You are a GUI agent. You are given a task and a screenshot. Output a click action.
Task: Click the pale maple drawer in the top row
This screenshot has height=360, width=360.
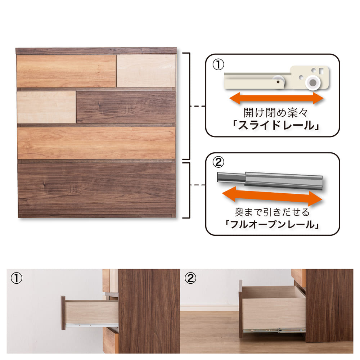coord(146,71)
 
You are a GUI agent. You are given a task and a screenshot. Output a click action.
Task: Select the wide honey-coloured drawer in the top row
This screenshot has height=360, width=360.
coord(66,71)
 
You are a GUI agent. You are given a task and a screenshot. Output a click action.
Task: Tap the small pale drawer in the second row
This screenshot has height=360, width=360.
coord(46,107)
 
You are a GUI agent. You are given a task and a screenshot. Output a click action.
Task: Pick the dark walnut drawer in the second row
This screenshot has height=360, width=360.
coord(126,107)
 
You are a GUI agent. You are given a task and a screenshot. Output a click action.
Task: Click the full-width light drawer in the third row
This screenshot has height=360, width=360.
coord(96,143)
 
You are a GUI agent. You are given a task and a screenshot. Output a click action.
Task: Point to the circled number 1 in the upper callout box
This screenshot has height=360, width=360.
coord(218,64)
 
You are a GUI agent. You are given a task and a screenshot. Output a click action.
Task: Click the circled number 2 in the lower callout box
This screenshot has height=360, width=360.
coord(218,162)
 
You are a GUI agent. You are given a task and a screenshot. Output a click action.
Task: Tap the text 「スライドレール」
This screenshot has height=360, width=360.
coord(275,125)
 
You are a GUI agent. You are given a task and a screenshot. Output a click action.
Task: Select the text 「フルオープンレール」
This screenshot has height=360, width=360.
coord(272,224)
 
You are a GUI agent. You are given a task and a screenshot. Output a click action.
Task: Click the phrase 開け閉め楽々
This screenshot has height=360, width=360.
coord(275,113)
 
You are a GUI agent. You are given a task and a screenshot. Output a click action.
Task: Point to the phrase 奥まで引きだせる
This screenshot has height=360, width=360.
coord(272,212)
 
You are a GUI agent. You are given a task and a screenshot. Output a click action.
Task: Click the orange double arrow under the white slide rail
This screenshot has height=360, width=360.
coord(276,98)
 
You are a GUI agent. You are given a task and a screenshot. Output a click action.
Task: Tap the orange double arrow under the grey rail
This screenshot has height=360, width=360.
coord(272,196)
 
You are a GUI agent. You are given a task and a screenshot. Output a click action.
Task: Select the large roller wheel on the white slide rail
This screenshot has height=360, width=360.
coord(313,82)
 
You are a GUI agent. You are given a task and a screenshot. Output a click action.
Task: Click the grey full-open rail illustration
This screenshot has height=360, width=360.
coord(270,180)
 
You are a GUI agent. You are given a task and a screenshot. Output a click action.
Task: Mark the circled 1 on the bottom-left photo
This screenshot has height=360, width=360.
coord(17,279)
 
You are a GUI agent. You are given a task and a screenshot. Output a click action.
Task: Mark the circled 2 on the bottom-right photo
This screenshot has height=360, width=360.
coord(190,278)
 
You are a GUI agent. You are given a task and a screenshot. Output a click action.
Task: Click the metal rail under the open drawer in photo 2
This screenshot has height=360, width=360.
coord(274,331)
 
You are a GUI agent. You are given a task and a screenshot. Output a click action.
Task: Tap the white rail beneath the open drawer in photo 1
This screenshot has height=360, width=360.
coord(92,325)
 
